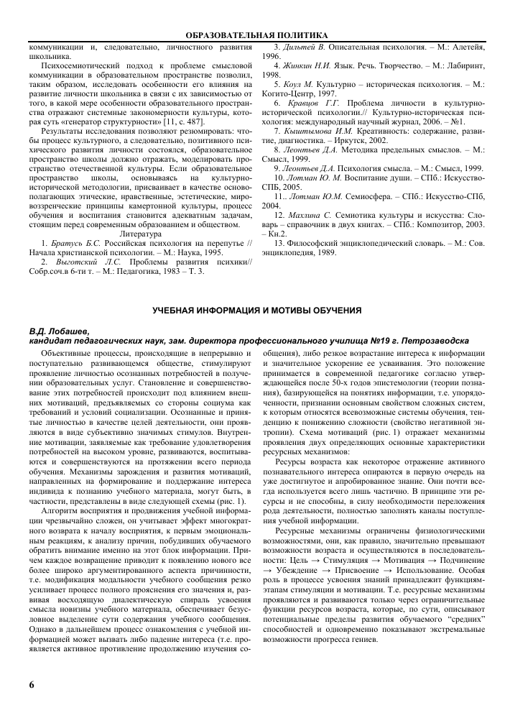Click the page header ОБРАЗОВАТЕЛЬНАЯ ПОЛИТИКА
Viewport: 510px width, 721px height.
click(x=256, y=35)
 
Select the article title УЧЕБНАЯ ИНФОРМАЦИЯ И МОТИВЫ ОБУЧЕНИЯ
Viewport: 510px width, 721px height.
click(x=255, y=310)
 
